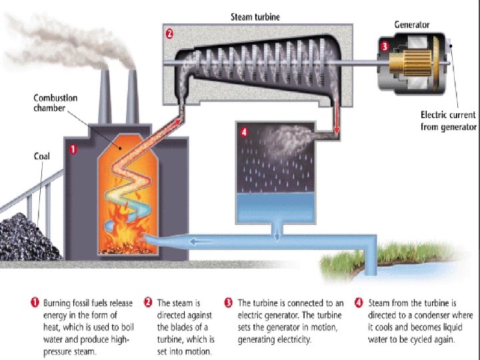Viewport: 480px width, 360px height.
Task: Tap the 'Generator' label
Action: coord(411,25)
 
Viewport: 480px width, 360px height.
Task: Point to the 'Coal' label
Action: coord(41,157)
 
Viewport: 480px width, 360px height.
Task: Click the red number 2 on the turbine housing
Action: coord(169,32)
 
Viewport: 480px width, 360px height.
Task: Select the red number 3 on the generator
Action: coord(384,47)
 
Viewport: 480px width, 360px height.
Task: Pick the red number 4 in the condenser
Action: coord(244,132)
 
